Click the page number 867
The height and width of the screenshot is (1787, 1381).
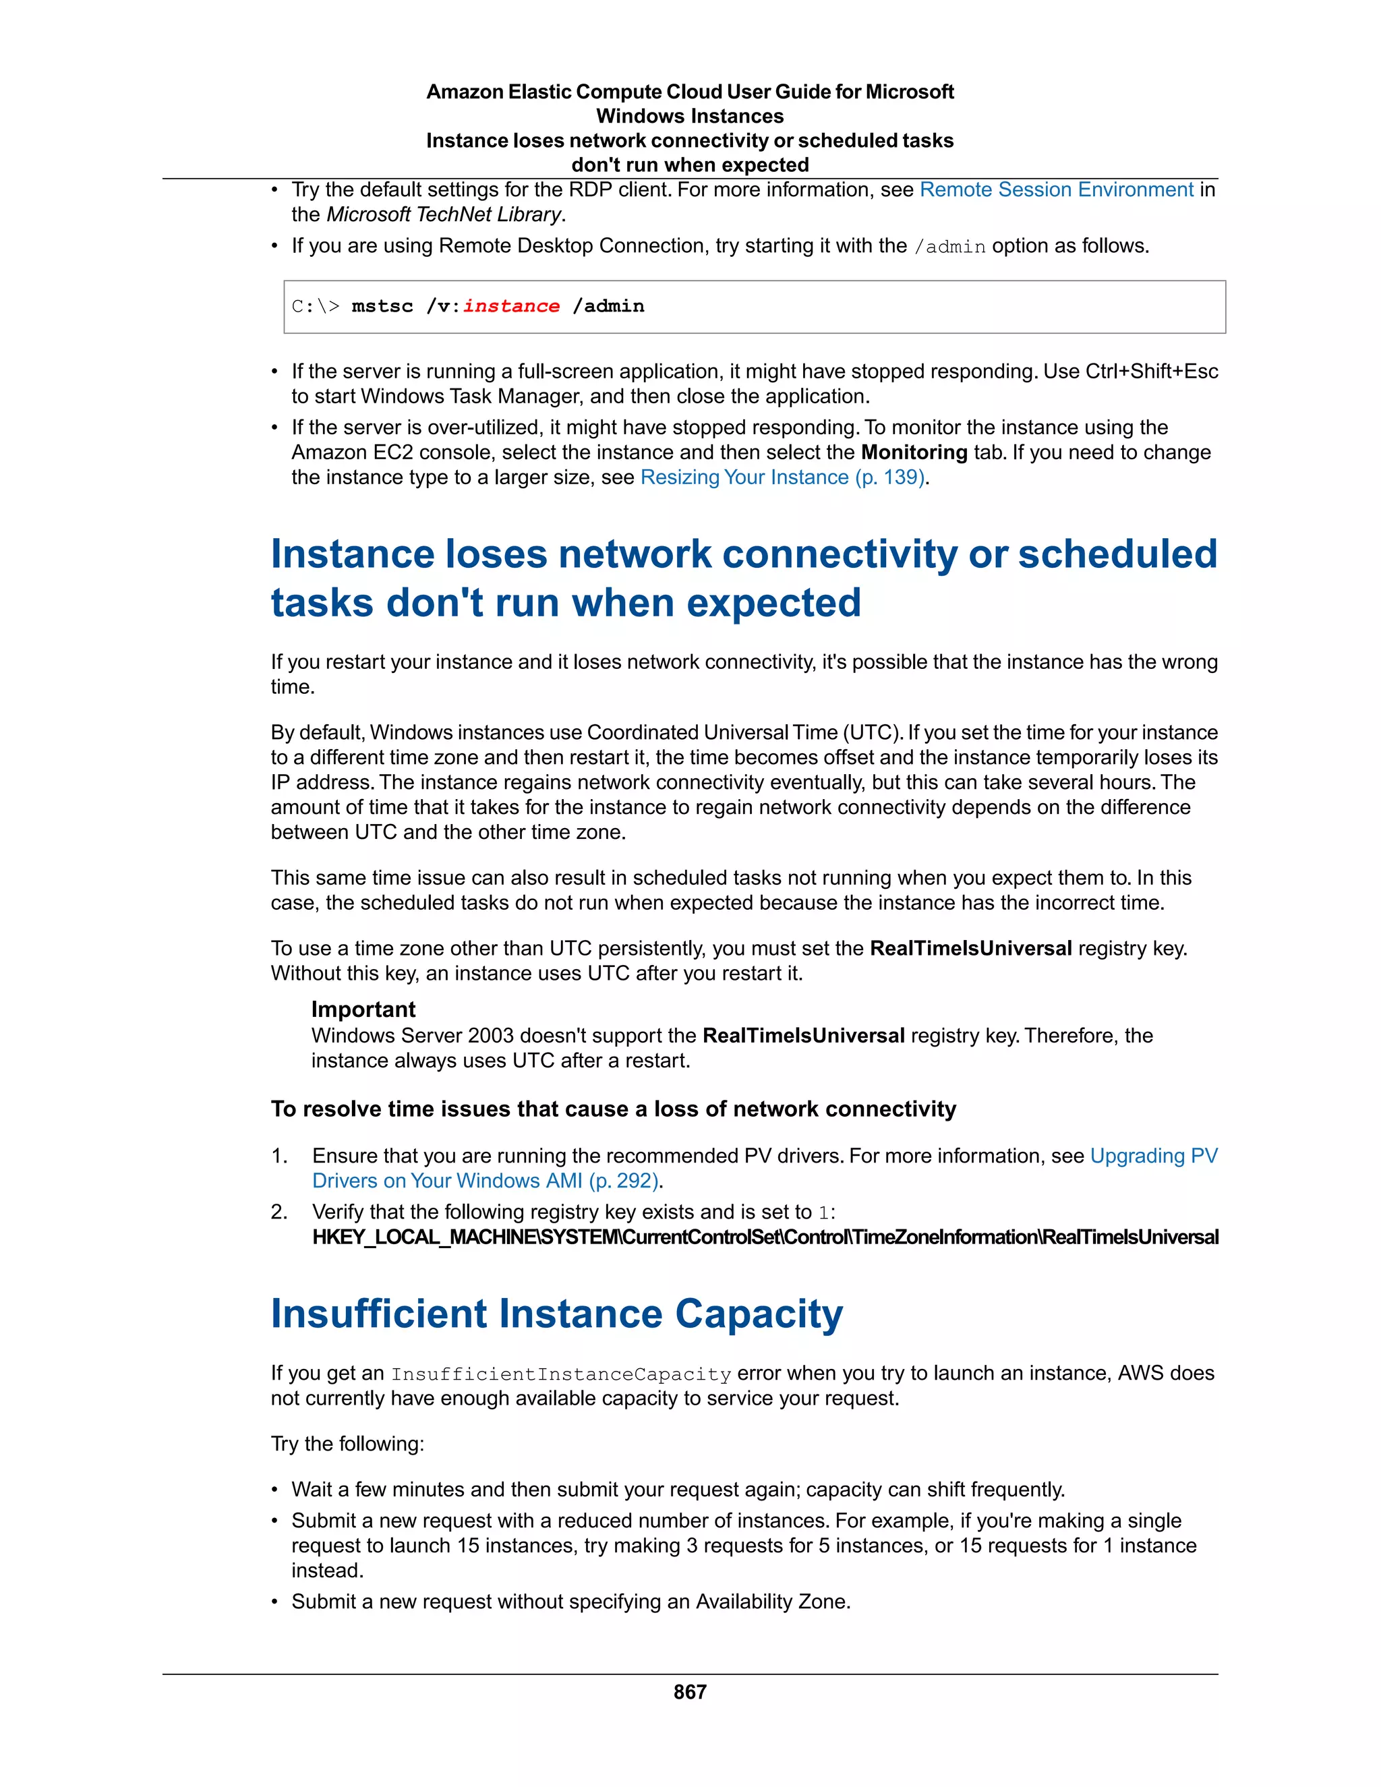click(690, 1691)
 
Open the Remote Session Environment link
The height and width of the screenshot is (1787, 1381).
click(1056, 190)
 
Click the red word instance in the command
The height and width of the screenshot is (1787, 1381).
click(511, 306)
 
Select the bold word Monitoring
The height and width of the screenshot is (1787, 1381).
click(914, 452)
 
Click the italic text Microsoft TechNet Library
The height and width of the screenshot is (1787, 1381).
click(444, 214)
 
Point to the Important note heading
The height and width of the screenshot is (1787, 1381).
click(363, 1009)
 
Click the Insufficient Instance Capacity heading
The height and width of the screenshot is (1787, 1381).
click(556, 1313)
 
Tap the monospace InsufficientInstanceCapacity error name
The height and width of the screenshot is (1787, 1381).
click(560, 1374)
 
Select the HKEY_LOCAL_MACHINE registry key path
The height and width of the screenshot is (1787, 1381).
click(765, 1237)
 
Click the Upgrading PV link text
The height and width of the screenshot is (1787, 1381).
click(1154, 1155)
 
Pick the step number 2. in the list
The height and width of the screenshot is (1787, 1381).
click(280, 1212)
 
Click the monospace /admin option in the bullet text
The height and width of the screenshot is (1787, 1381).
click(949, 246)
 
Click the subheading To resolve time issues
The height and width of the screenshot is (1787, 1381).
click(613, 1109)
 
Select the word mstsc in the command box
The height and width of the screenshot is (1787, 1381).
click(382, 306)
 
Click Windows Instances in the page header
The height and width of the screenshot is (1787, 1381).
click(690, 116)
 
